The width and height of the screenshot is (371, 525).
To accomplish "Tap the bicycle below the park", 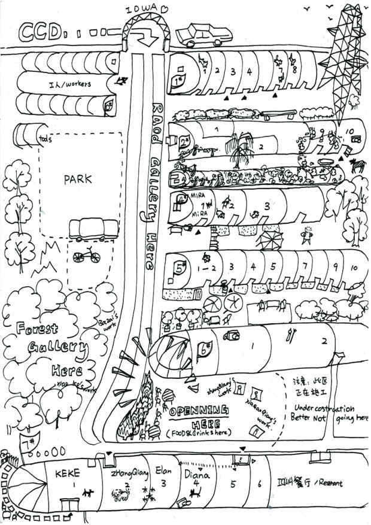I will coord(87,256).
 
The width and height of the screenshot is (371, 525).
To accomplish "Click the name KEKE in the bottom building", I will coord(72,474).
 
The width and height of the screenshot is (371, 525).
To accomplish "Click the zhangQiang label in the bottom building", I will coord(127,471).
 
